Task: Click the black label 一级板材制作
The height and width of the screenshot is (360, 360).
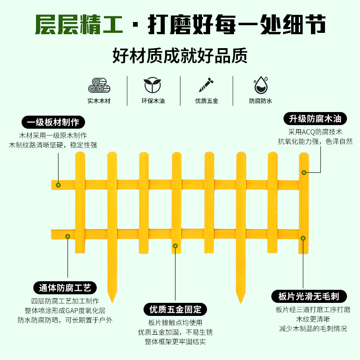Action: click(53, 122)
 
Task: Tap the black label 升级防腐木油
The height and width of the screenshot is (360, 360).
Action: click(315, 119)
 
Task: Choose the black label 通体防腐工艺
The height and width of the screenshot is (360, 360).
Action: click(65, 288)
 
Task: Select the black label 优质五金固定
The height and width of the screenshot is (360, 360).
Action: click(175, 309)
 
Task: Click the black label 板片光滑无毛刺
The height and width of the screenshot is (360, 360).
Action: click(309, 296)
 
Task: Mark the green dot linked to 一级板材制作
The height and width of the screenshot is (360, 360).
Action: click(58, 185)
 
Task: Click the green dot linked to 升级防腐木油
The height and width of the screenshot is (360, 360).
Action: click(304, 172)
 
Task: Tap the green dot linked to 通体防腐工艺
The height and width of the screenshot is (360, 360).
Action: click(67, 236)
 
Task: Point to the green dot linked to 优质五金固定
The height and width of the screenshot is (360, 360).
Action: click(175, 246)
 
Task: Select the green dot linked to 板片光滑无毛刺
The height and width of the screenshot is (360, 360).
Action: click(303, 238)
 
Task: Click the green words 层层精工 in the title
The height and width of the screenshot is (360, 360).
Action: click(79, 26)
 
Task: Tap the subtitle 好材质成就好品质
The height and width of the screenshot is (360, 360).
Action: click(180, 57)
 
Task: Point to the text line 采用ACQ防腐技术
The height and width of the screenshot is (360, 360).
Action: click(315, 132)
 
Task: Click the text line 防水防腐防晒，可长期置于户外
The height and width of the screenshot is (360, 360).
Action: click(65, 320)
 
